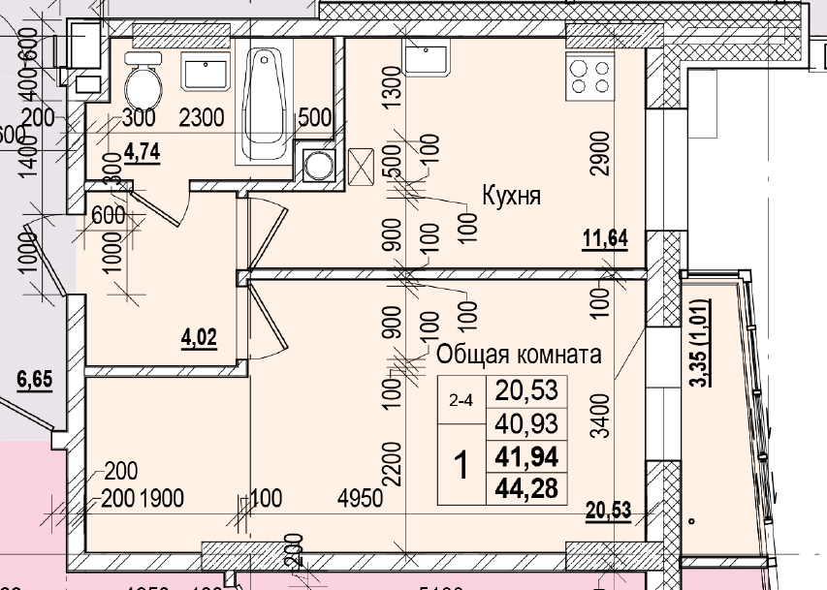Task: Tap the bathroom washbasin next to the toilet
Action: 206,71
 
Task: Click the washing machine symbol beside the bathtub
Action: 316,167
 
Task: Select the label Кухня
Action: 511,196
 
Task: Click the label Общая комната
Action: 519,354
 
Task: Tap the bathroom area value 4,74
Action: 143,153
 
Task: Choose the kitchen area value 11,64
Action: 606,237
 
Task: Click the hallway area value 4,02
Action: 199,338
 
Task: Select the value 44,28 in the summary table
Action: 526,488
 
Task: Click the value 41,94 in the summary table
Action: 526,456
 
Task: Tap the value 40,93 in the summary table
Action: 526,423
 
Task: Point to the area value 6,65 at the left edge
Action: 34,380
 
